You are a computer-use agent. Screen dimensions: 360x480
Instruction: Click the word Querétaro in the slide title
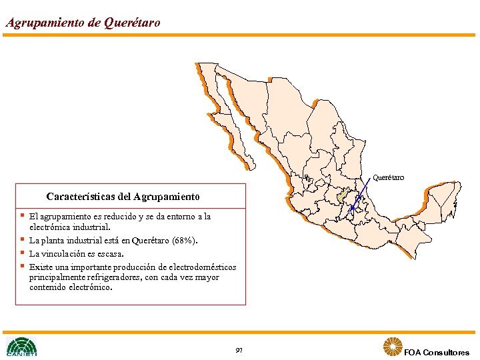[132, 23]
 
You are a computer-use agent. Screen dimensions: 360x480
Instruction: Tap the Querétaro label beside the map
[388, 177]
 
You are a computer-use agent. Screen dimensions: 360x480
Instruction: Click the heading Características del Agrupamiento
[123, 197]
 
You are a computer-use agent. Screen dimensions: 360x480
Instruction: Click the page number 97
[239, 350]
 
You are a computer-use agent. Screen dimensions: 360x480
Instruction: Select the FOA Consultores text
[437, 352]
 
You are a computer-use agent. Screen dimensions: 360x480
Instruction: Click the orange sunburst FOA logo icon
[393, 347]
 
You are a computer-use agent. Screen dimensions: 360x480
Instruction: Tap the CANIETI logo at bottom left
[21, 347]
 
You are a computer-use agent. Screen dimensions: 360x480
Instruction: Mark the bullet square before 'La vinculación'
[22, 253]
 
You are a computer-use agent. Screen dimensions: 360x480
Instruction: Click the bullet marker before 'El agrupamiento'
[22, 215]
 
